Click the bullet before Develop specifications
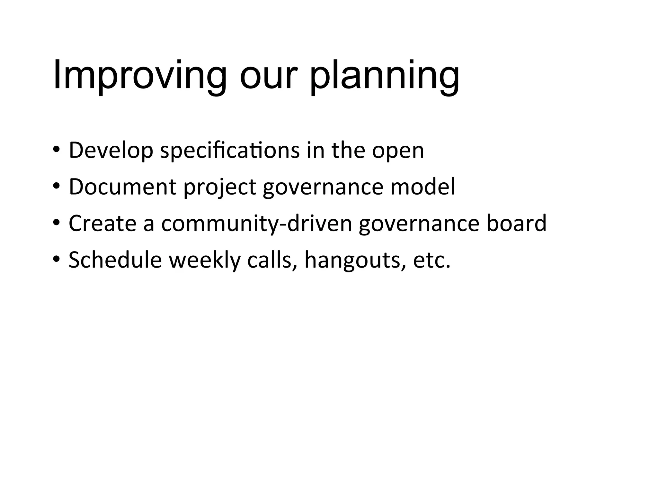tap(56, 150)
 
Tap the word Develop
tap(111, 151)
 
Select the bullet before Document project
tap(56, 187)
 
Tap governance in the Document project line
tap(323, 188)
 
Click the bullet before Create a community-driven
tap(56, 223)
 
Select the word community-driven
tap(257, 224)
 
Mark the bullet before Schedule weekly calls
tap(56, 260)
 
